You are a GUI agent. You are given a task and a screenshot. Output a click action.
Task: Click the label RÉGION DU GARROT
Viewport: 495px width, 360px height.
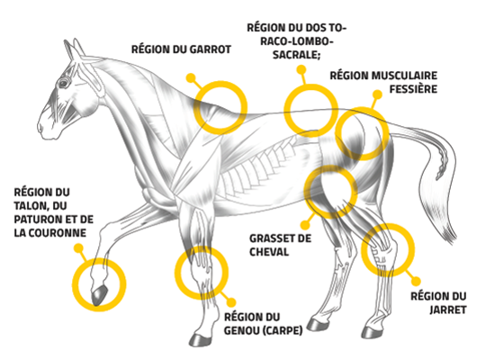tap(181, 49)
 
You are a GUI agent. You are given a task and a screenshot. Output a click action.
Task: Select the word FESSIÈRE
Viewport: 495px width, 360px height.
tap(413, 89)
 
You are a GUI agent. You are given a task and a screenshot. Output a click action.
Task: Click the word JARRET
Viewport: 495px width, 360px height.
tap(448, 310)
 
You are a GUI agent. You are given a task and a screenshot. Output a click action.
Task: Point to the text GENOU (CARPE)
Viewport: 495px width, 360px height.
tap(264, 330)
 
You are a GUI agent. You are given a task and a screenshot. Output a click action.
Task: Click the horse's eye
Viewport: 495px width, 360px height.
tap(63, 84)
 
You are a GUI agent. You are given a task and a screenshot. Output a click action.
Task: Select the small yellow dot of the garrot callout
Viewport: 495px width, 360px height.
tap(191, 78)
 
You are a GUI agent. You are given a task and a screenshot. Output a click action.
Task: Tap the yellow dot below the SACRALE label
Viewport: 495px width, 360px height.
tap(301, 69)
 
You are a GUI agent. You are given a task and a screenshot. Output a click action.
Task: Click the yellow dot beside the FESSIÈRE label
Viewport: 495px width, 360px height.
tap(377, 94)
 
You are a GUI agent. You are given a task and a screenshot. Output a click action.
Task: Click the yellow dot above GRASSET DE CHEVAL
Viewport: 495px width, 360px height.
tap(305, 225)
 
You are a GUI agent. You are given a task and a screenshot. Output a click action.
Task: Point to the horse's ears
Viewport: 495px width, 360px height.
tap(75, 49)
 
